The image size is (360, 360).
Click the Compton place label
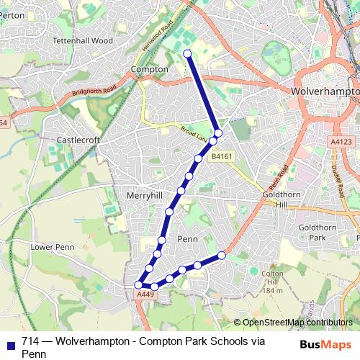149,70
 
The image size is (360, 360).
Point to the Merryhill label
145,195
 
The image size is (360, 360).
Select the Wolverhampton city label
324,92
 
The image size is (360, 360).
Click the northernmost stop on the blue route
187,53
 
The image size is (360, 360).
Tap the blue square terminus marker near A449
138,285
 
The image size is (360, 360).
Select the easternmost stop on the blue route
222,256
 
